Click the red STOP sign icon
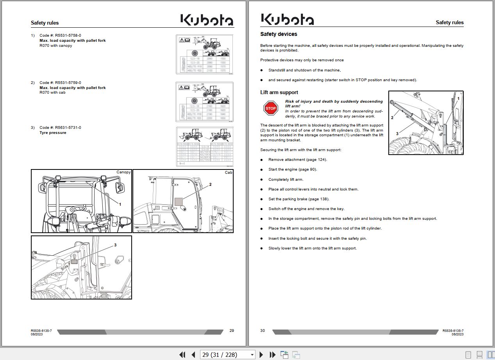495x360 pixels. (x=270, y=108)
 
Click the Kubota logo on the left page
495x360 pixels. (x=207, y=20)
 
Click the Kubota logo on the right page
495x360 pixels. (x=287, y=19)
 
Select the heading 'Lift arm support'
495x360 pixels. (x=279, y=93)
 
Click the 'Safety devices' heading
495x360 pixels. (x=279, y=34)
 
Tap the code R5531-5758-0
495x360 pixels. (x=68, y=36)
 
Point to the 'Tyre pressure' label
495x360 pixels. (x=53, y=133)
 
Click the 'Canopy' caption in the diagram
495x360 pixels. (x=123, y=172)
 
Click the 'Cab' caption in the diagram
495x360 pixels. (x=229, y=172)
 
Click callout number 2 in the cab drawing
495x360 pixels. (x=210, y=184)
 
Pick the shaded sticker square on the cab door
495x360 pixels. (x=179, y=201)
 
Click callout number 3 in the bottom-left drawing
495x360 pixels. (x=115, y=245)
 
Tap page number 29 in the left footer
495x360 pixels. (x=232, y=331)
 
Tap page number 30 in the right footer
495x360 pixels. (x=263, y=331)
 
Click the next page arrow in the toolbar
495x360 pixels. (x=261, y=355)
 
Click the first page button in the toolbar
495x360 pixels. (x=182, y=355)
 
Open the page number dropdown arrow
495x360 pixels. (x=252, y=355)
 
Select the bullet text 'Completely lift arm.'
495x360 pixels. (x=286, y=180)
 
